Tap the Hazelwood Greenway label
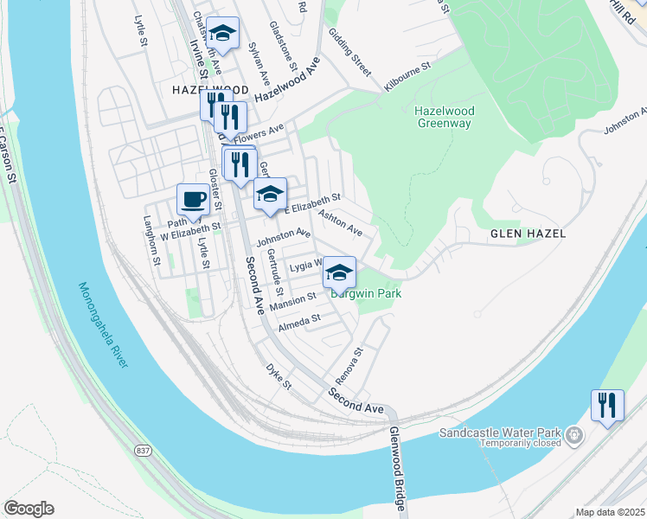pos(444,117)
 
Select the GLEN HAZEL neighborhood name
pos(528,234)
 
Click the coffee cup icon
pos(194,200)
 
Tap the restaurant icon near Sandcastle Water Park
pos(607,405)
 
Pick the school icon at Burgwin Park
pos(340,272)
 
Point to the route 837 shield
pos(143,450)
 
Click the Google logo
pos(29,509)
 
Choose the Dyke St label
pos(279,377)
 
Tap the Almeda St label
pos(299,324)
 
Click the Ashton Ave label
pos(340,221)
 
